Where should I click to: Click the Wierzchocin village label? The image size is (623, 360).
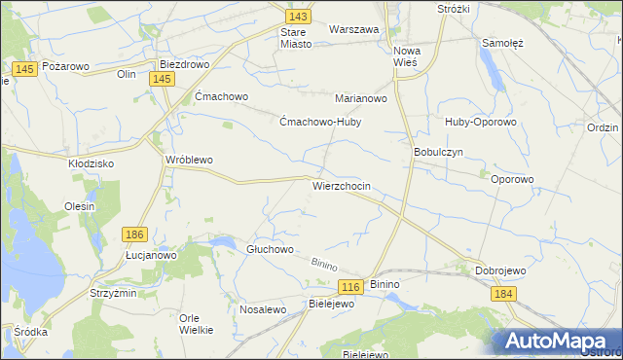pos(341,185)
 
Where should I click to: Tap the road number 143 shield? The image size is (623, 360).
pos(299,18)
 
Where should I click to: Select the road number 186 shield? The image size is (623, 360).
pos(135,234)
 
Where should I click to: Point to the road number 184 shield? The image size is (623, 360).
pos(502,294)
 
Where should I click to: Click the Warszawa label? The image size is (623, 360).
pos(353,29)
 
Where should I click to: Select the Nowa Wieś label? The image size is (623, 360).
pos(405,55)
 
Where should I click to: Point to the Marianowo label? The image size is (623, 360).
pos(361,98)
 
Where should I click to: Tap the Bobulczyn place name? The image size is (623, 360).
pos(437,153)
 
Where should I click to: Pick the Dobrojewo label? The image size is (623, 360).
pos(500,270)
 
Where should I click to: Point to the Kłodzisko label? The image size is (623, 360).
pos(92,162)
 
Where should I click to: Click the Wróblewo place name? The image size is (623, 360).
pos(189,160)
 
